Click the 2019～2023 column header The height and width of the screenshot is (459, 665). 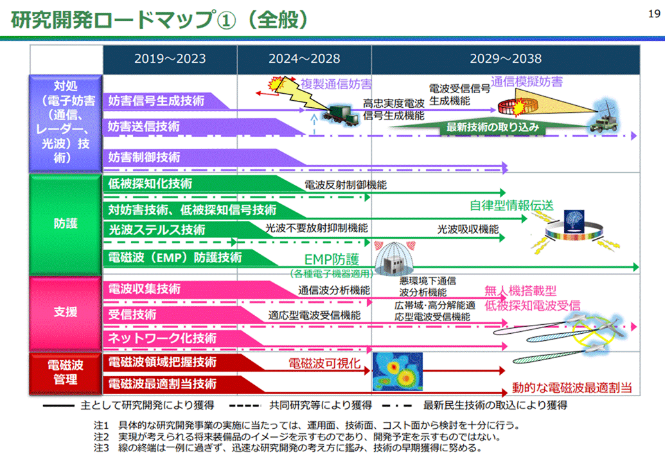pyautogui.click(x=170, y=58)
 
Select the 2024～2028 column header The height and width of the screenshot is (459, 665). pyautogui.click(x=304, y=58)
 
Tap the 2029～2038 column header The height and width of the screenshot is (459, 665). pyautogui.click(x=506, y=58)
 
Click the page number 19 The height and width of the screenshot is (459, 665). pyautogui.click(x=654, y=14)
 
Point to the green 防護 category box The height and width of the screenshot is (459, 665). pyautogui.click(x=66, y=224)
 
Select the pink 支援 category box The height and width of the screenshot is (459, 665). pyautogui.click(x=66, y=313)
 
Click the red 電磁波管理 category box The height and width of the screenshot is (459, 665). pyautogui.click(x=66, y=372)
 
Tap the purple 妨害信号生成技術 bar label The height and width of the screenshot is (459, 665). pyautogui.click(x=156, y=101)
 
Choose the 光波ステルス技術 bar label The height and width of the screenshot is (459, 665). pyautogui.click(x=157, y=230)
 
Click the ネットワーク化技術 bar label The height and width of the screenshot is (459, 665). pyautogui.click(x=162, y=338)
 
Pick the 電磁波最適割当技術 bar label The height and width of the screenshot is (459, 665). pyautogui.click(x=162, y=383)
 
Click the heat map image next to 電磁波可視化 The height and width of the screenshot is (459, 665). pyautogui.click(x=397, y=372)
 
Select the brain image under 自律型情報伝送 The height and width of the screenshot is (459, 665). pyautogui.click(x=574, y=221)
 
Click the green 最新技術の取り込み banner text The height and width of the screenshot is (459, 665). pyautogui.click(x=492, y=127)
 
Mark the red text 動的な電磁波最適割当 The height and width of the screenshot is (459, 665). pyautogui.click(x=572, y=387)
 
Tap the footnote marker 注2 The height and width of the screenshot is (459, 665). pyautogui.click(x=102, y=437)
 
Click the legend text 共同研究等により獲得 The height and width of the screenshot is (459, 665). pyautogui.click(x=320, y=406)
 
